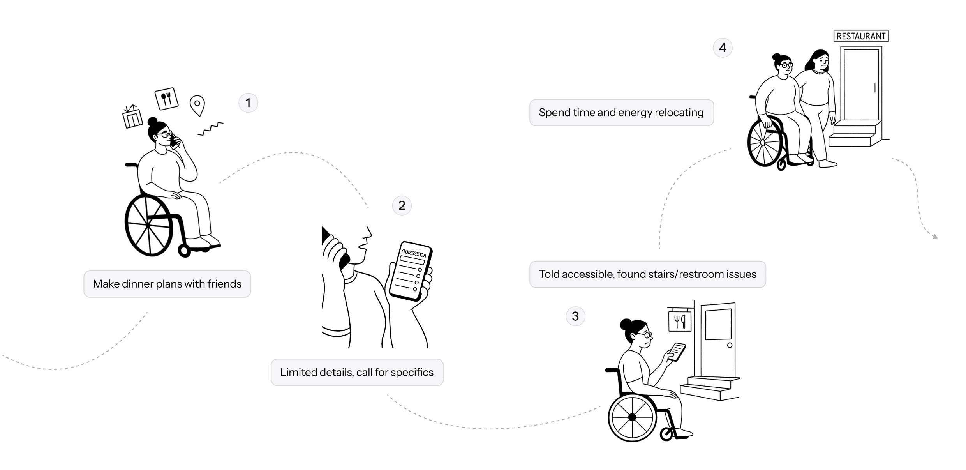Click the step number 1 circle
[x=248, y=103]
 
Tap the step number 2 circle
[x=402, y=205]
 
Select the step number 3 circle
[x=575, y=316]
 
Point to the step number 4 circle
[x=723, y=48]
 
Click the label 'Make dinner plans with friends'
[x=167, y=284]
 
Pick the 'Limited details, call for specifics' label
[x=357, y=373]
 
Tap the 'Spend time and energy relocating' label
[x=621, y=113]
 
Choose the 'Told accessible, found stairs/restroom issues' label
[x=647, y=274]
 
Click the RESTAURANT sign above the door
[x=861, y=36]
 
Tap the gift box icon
[x=132, y=117]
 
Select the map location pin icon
[x=197, y=105]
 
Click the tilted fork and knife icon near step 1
[x=166, y=98]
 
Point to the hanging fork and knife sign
[x=680, y=320]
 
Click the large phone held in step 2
[x=411, y=271]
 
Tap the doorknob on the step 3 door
[x=730, y=345]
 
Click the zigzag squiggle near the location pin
[x=210, y=128]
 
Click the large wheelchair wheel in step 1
[x=148, y=225]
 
